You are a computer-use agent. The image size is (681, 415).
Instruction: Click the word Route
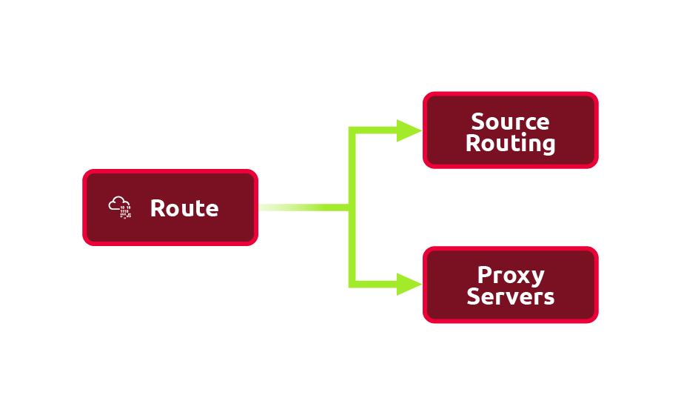point(184,208)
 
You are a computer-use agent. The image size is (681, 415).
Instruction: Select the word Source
point(510,122)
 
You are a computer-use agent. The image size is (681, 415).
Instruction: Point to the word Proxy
point(511,276)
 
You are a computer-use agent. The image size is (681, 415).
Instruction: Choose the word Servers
point(510,297)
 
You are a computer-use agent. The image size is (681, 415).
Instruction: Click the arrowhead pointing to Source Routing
point(409,130)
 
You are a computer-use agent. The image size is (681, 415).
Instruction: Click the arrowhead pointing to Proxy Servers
point(409,284)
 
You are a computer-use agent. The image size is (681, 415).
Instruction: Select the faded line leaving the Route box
point(289,207)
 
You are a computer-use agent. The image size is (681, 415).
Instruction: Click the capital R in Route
point(157,208)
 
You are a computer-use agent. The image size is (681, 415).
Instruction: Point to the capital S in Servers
point(474,297)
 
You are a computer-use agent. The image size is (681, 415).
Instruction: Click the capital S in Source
point(478,122)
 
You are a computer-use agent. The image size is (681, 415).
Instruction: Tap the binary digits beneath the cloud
point(124,213)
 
